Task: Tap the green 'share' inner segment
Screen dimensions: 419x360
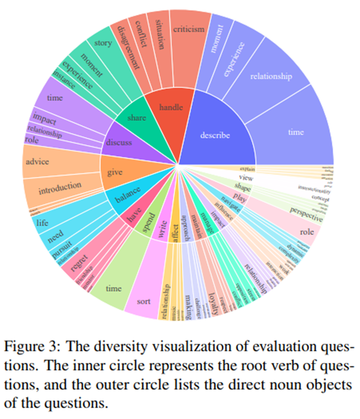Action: (x=137, y=118)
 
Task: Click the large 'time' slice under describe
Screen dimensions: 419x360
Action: (x=296, y=132)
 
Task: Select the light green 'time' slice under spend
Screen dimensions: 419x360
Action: (x=113, y=289)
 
